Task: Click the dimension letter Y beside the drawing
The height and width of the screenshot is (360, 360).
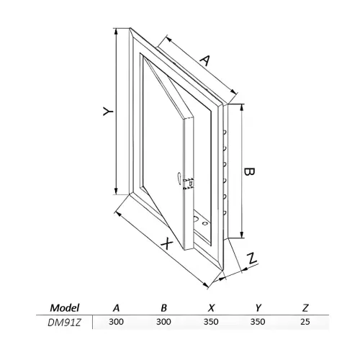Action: click(108, 112)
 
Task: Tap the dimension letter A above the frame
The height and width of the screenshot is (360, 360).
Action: click(205, 60)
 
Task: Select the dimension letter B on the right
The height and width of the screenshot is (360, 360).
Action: click(249, 171)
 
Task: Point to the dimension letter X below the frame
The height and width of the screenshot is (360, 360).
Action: click(167, 244)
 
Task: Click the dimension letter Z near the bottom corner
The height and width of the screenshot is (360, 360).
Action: click(252, 258)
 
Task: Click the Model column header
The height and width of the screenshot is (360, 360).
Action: click(65, 307)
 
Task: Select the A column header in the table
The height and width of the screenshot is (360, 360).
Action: click(116, 307)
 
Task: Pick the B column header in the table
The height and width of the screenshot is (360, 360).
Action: click(163, 307)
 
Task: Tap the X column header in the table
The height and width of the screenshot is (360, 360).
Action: click(211, 307)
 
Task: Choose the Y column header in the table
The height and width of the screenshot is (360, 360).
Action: click(258, 307)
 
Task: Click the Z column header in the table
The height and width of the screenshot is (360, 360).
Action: click(305, 307)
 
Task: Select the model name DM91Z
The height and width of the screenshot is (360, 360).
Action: click(64, 323)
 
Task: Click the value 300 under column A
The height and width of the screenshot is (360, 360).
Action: click(116, 322)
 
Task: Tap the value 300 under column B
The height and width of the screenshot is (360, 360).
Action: click(163, 322)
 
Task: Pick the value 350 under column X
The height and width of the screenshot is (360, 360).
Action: click(211, 322)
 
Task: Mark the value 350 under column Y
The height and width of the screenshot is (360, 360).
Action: click(258, 322)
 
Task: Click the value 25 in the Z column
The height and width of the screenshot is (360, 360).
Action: click(305, 322)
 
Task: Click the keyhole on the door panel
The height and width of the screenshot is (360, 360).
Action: click(179, 177)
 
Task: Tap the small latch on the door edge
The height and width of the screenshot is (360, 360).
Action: click(188, 184)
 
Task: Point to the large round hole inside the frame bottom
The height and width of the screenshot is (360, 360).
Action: click(196, 219)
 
